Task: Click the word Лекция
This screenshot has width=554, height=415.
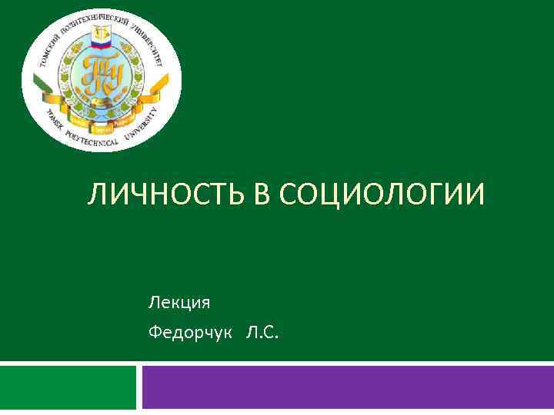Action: point(179,302)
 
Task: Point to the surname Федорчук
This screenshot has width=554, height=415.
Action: point(189,332)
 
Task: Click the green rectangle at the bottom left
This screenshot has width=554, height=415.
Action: point(68,388)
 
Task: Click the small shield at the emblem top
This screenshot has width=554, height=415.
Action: point(102,33)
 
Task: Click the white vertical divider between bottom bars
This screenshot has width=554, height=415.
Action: point(139,388)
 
